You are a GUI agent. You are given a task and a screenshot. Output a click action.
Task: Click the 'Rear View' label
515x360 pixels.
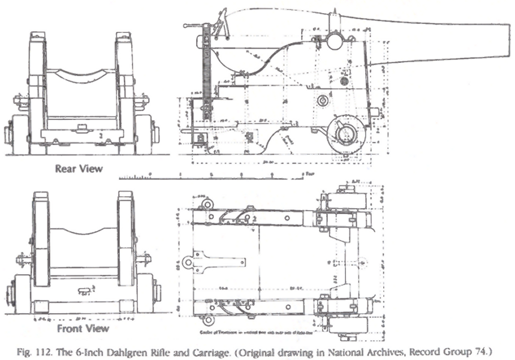(79, 169)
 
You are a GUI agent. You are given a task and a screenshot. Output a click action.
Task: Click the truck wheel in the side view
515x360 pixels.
(346, 133)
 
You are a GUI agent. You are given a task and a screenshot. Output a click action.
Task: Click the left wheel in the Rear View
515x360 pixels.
(19, 133)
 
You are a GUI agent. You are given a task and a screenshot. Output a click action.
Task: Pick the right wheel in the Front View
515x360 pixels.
(145, 293)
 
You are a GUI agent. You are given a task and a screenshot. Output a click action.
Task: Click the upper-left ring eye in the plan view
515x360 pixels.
(207, 204)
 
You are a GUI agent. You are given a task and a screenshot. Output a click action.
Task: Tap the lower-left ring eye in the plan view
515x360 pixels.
(207, 320)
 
